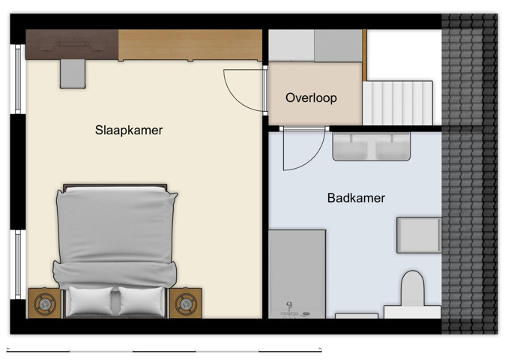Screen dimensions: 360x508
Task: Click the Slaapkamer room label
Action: tap(129, 130)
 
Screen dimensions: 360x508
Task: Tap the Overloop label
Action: tap(311, 97)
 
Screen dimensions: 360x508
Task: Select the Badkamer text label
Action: tap(356, 198)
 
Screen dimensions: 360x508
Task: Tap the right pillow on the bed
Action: tap(140, 301)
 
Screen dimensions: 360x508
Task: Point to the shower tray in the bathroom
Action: tap(297, 274)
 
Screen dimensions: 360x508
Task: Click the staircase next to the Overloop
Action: tap(398, 103)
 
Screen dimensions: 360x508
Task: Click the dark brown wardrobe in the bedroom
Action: tap(72, 44)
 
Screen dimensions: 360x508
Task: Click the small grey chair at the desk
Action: tap(73, 73)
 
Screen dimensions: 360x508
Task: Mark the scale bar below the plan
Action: tap(164, 349)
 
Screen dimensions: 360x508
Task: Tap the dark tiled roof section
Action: tap(470, 172)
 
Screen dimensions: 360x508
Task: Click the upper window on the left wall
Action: tap(19, 79)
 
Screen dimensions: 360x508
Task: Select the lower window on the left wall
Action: tap(19, 264)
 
